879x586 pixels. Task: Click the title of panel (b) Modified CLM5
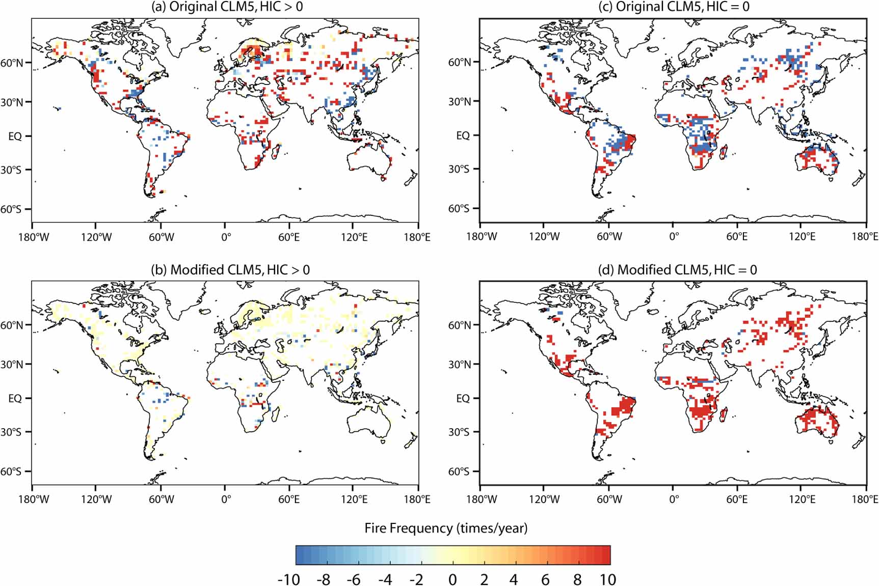(230, 270)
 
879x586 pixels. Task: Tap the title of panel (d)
(677, 270)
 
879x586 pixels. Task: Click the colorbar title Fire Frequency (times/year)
(446, 528)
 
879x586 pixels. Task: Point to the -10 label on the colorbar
(288, 579)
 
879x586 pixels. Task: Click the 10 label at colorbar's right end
(607, 579)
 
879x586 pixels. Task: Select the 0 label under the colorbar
(452, 579)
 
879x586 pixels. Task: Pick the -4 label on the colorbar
(386, 579)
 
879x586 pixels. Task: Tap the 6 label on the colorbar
(545, 579)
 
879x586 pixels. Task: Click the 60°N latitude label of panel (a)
(12, 63)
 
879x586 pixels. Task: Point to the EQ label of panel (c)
(463, 135)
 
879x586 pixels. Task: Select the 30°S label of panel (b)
(12, 432)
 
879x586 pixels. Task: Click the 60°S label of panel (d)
(459, 471)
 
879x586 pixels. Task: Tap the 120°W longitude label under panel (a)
(96, 237)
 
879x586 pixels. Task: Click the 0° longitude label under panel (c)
(674, 237)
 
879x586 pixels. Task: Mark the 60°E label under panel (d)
(737, 499)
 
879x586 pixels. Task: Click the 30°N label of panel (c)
(459, 101)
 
